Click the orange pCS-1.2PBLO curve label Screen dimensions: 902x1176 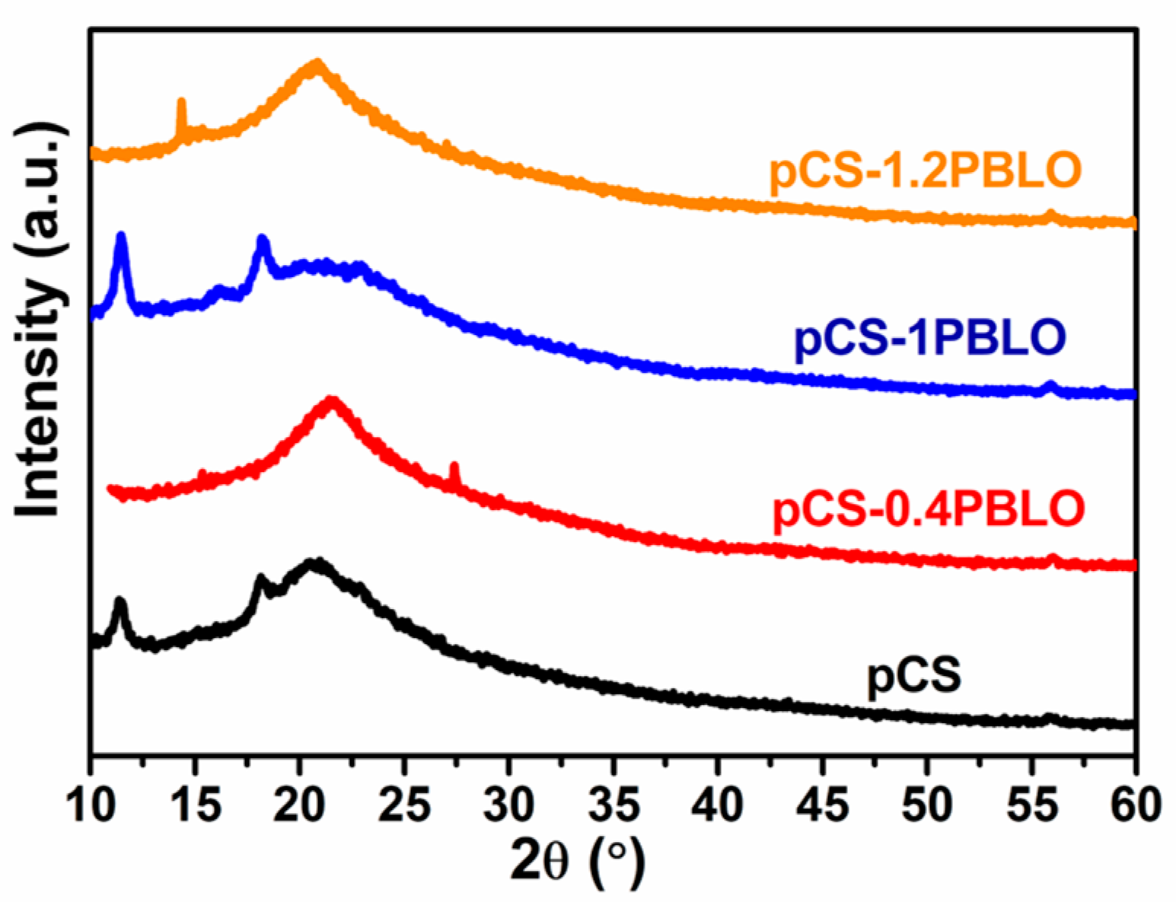point(925,172)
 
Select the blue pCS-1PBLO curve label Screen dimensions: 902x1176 point(929,339)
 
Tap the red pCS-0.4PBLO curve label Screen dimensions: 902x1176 point(928,508)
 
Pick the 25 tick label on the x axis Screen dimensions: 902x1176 point(404,805)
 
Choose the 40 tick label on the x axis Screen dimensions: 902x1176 point(718,805)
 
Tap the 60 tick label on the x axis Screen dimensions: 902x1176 point(1134,805)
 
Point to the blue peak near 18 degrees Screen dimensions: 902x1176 point(263,242)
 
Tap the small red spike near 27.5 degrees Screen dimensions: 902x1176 point(454,467)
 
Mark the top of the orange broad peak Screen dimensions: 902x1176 point(317,64)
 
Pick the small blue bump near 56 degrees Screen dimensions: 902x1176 point(1050,385)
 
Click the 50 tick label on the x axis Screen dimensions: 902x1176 point(926,805)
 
